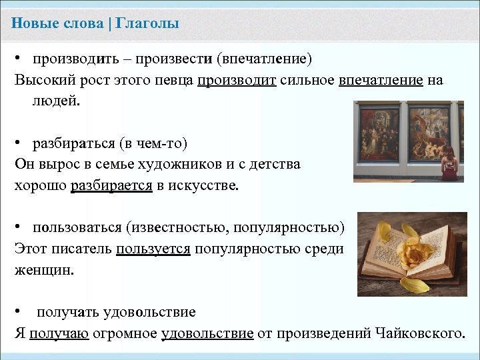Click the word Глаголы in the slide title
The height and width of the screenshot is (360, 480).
[147, 24]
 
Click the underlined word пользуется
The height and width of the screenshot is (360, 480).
[153, 249]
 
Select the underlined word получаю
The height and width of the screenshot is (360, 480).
[59, 333]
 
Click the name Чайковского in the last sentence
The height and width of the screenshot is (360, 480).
[418, 333]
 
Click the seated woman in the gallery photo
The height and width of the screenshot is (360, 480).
[448, 163]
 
